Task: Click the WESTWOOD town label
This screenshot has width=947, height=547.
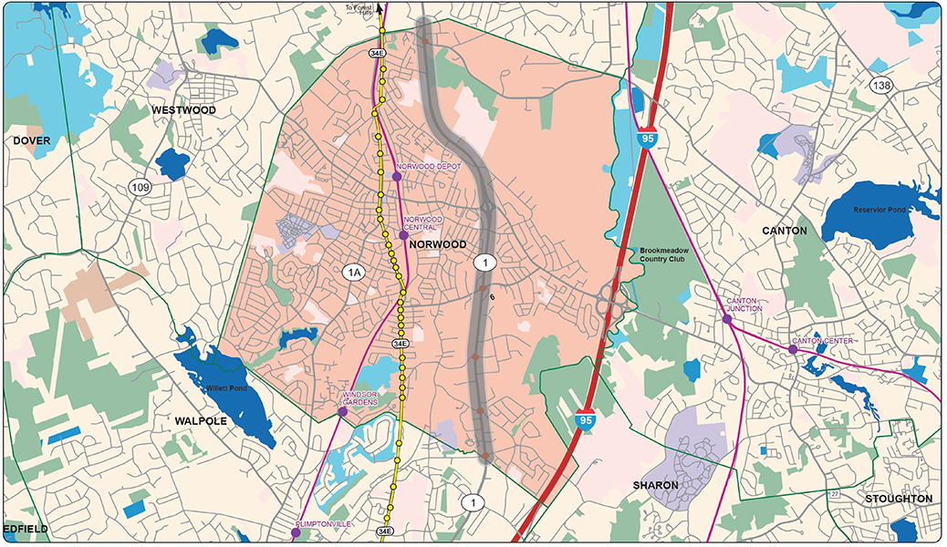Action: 183,110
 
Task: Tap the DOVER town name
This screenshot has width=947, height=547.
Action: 31,140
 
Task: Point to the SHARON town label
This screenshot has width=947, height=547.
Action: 656,485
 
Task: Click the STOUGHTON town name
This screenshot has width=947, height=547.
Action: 899,499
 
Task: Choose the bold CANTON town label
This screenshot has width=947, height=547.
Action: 785,231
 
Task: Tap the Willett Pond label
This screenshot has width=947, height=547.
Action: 226,388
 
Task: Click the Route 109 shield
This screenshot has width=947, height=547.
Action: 140,188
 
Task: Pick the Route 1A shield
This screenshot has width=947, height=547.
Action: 353,271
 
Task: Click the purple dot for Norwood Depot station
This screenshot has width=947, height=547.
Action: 397,176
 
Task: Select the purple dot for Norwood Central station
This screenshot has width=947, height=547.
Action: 403,235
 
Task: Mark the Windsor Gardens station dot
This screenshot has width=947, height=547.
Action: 342,412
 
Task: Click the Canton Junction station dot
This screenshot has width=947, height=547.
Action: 727,319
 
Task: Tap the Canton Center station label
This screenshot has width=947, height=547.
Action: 822,341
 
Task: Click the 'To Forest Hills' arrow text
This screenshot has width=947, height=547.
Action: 359,10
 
